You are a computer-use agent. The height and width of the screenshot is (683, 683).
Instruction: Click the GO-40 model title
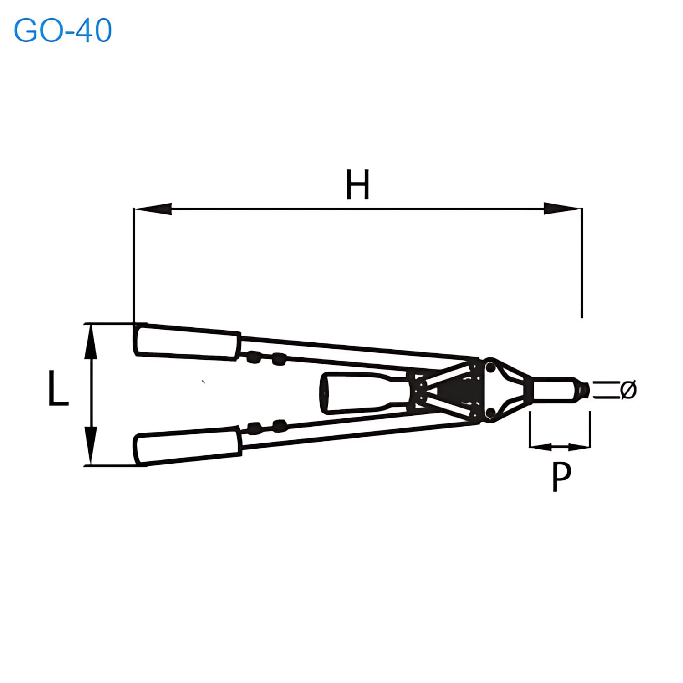pyautogui.click(x=63, y=31)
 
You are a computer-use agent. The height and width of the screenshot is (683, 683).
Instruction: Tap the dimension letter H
pyautogui.click(x=357, y=184)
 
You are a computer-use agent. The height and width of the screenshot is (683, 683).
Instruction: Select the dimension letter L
pyautogui.click(x=58, y=388)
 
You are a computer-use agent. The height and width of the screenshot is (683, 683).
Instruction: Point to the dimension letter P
pyautogui.click(x=561, y=476)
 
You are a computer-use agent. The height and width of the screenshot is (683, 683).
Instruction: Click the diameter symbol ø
pyautogui.click(x=628, y=389)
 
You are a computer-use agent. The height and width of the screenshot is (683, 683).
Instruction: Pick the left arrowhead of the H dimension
pyautogui.click(x=153, y=209)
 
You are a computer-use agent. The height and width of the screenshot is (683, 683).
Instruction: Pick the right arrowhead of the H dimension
pyautogui.click(x=562, y=209)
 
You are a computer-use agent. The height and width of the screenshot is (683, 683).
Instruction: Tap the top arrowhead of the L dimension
pyautogui.click(x=91, y=341)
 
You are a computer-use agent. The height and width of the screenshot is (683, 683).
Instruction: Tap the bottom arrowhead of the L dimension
pyautogui.click(x=91, y=447)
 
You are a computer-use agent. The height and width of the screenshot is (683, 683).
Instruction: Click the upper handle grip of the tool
pyautogui.click(x=187, y=341)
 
